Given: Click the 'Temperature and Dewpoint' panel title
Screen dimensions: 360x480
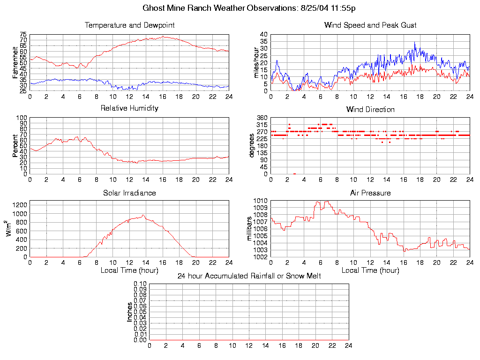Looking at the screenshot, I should point(129,25).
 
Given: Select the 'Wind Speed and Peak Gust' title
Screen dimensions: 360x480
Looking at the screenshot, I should point(370,25).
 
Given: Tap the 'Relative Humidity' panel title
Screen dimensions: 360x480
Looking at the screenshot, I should point(129,108).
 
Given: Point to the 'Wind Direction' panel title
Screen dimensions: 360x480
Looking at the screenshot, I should point(370,110).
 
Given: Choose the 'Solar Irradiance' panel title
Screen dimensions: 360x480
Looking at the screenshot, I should point(129,193).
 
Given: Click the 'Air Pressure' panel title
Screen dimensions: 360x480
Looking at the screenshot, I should point(370,193).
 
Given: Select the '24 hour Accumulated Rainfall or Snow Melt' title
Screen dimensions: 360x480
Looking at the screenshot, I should point(249,276).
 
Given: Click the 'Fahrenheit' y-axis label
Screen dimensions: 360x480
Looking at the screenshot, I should point(15,62).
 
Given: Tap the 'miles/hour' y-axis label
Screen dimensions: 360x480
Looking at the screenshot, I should point(256,62).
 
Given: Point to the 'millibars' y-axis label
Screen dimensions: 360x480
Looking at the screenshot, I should point(250,228).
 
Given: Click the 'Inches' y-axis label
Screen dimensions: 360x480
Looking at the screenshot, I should point(130,312).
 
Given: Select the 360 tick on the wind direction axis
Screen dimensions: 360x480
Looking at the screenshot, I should point(262,118).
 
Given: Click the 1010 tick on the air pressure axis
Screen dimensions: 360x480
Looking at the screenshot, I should point(261,201).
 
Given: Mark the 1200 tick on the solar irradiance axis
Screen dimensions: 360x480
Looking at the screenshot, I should point(21,205).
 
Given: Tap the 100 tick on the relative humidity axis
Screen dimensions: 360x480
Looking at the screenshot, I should point(22,118).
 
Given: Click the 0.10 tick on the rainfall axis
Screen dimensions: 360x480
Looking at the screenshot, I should point(140,284).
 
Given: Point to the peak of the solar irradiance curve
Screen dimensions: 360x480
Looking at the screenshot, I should point(143,215).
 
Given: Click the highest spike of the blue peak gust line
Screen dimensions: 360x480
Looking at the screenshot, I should point(414,42).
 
